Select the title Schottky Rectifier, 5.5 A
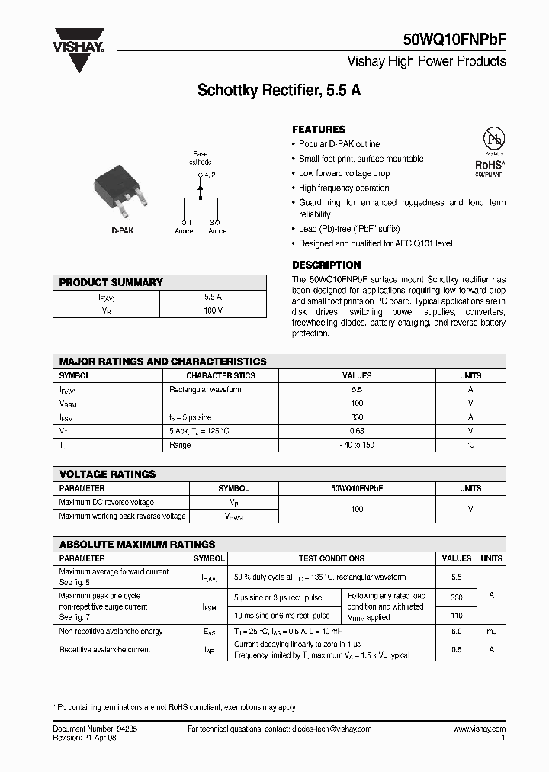[x=279, y=90]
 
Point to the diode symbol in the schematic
[x=201, y=185]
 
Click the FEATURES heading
[x=319, y=130]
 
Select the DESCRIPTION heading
[x=326, y=265]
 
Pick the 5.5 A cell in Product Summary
[x=213, y=297]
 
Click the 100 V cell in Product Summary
[x=213, y=310]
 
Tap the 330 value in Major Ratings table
[x=357, y=417]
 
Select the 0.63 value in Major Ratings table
[x=357, y=431]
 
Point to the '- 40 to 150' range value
[x=357, y=445]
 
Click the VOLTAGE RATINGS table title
[x=108, y=474]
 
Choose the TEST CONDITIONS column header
[x=332, y=558]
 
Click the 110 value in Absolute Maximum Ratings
[x=457, y=615]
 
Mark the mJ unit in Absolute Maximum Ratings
[x=492, y=631]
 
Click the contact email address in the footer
[x=332, y=729]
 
